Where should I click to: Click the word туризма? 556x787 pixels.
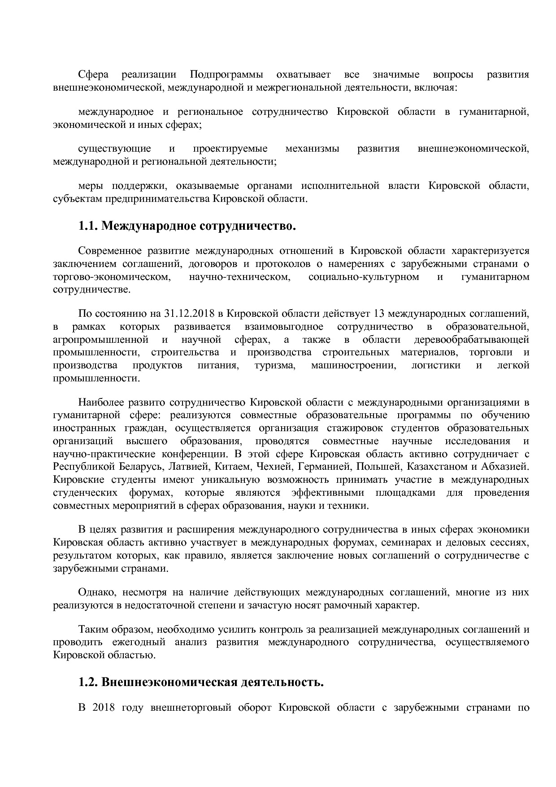[274, 365]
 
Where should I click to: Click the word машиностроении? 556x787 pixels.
[353, 365]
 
